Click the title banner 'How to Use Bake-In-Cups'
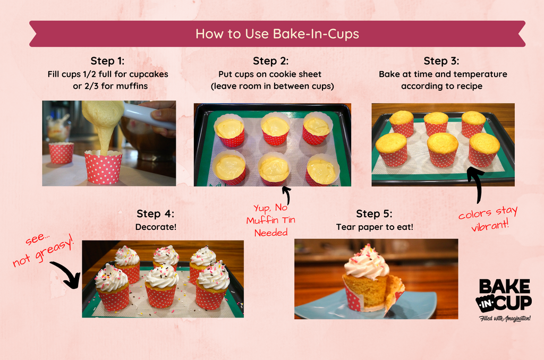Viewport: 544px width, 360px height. click(277, 33)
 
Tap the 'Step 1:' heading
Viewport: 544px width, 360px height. click(107, 61)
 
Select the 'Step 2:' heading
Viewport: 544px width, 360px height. click(270, 61)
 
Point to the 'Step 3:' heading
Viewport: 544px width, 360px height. click(441, 61)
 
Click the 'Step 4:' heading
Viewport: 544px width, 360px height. click(156, 213)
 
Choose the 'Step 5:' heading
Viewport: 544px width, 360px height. click(374, 213)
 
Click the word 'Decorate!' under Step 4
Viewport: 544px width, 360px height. click(156, 227)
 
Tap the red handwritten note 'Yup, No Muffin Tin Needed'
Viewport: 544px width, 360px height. click(271, 220)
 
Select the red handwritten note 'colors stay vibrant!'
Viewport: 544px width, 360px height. click(488, 218)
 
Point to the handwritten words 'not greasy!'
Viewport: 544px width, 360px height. click(44, 251)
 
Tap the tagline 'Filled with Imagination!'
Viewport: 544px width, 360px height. click(505, 318)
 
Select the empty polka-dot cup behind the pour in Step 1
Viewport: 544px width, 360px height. click(62, 152)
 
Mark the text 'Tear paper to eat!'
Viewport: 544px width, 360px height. click(375, 227)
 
